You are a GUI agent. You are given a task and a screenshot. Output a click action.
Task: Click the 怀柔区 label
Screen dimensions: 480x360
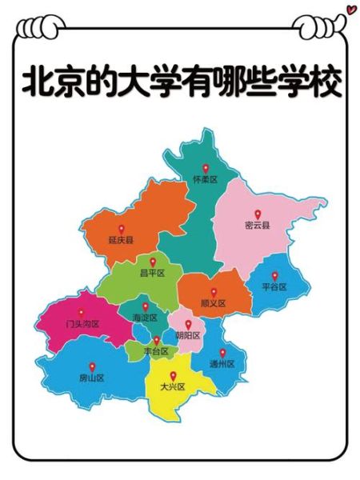pyautogui.click(x=206, y=180)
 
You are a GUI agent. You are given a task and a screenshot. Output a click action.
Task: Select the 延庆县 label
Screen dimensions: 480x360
pyautogui.click(x=121, y=239)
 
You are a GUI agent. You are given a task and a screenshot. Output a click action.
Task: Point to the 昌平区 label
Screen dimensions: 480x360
pyautogui.click(x=152, y=273)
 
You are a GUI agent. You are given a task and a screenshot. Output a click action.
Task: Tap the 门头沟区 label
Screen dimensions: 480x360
pyautogui.click(x=82, y=324)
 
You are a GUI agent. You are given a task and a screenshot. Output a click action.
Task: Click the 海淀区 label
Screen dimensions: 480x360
pyautogui.click(x=145, y=318)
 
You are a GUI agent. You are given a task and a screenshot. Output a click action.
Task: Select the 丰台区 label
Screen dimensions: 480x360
pyautogui.click(x=156, y=351)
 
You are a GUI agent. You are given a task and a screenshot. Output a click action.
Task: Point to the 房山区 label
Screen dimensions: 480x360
pyautogui.click(x=92, y=378)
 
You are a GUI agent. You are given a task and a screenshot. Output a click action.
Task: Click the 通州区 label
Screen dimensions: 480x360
pyautogui.click(x=222, y=364)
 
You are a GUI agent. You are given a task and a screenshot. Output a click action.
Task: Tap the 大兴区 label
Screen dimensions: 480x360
pyautogui.click(x=172, y=387)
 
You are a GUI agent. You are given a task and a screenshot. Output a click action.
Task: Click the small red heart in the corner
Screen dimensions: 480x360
pyautogui.click(x=350, y=10)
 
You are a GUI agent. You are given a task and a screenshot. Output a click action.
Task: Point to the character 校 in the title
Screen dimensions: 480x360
pyautogui.click(x=326, y=82)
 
